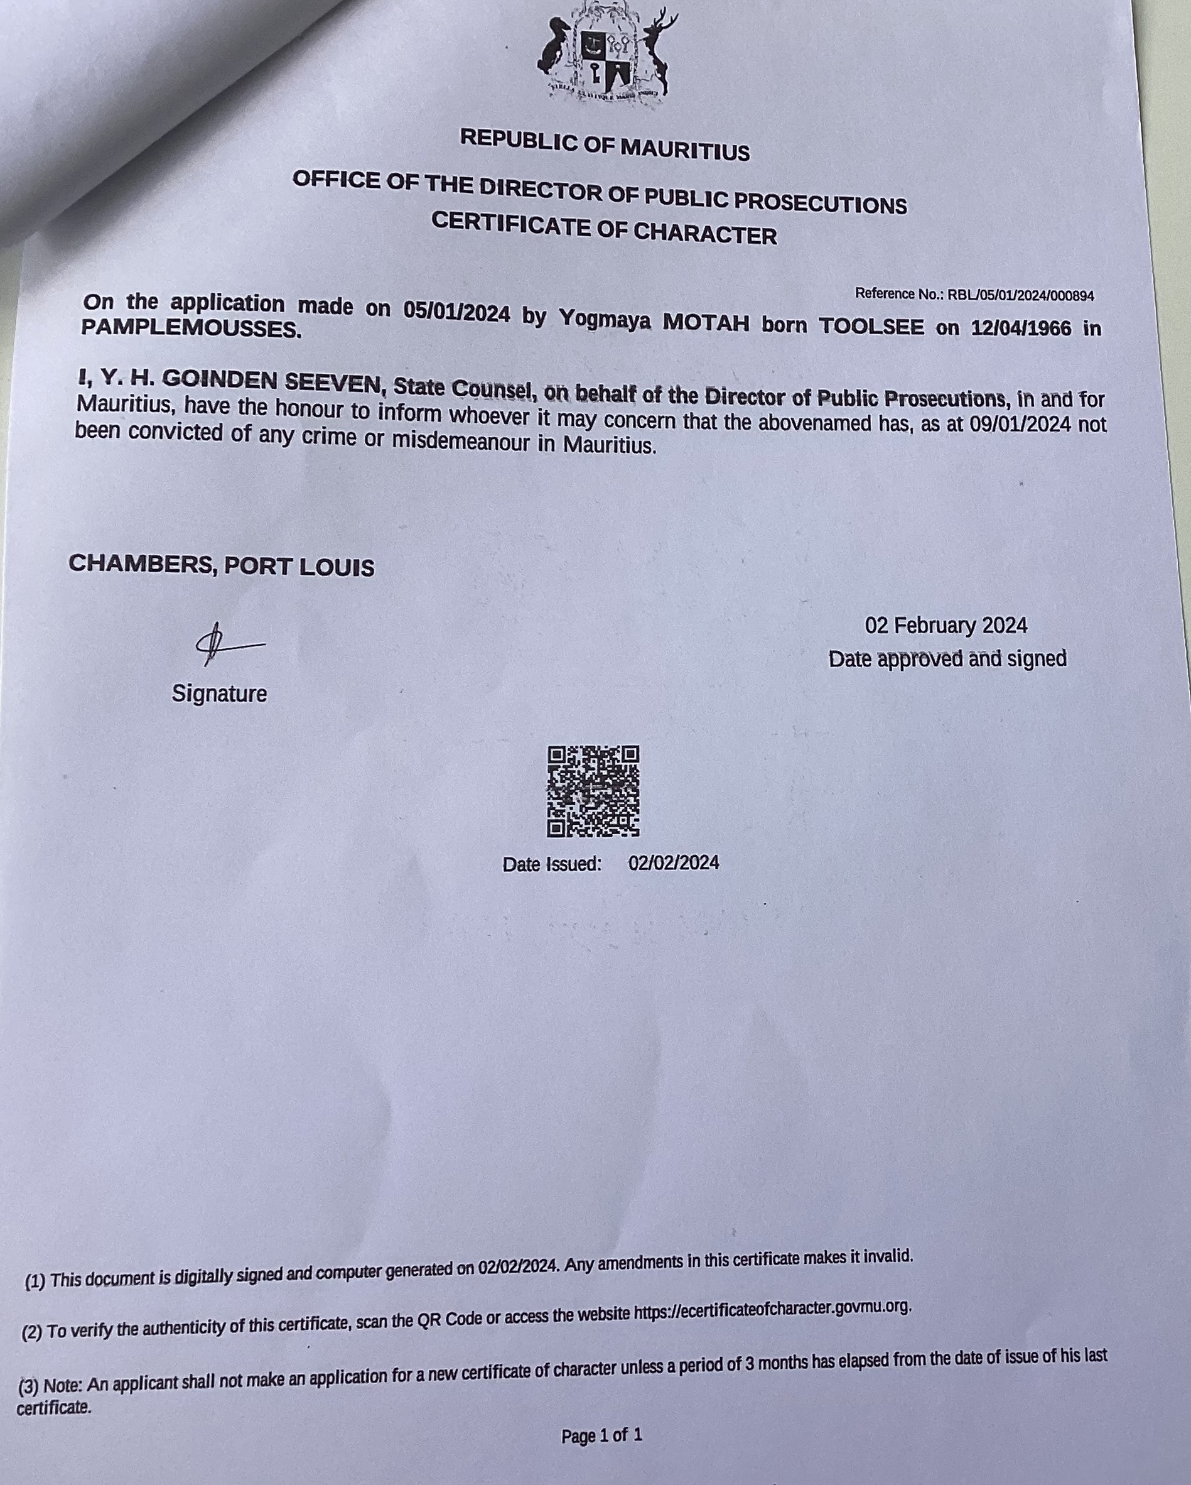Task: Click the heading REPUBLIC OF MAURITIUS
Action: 605,144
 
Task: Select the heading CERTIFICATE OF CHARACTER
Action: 604,229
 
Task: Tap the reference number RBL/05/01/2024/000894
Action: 1020,295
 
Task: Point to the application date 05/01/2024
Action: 456,312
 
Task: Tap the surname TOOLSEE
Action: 870,324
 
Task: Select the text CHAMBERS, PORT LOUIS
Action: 221,565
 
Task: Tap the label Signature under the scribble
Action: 219,693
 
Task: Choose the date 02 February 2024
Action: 946,626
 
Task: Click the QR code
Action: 593,791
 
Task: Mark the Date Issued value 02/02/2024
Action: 673,862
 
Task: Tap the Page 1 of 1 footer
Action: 601,1435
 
